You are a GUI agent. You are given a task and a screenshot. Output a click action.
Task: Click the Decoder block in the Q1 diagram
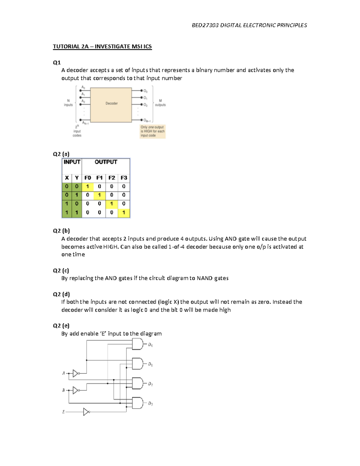pyautogui.click(x=111, y=105)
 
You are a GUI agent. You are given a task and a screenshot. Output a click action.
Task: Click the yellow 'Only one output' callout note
pyautogui.click(x=152, y=131)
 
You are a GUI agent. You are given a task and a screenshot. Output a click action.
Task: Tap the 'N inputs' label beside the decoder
pyautogui.click(x=68, y=103)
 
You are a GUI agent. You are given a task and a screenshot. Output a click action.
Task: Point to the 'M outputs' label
pyautogui.click(x=160, y=103)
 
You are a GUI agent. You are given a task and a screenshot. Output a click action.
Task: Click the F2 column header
pyautogui.click(x=112, y=178)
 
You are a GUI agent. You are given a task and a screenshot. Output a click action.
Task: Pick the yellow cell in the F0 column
pyautogui.click(x=88, y=187)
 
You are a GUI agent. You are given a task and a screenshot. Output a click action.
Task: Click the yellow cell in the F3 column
pyautogui.click(x=124, y=213)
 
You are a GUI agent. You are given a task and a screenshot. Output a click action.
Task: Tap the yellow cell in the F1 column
pyautogui.click(x=99, y=195)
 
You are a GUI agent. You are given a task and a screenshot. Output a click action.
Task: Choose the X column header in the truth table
pyautogui.click(x=67, y=178)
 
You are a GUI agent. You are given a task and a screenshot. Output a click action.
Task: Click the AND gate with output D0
pyautogui.click(x=138, y=344)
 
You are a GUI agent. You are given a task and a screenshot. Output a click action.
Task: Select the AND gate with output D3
pyautogui.click(x=138, y=403)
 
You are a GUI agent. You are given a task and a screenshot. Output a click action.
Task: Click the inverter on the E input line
pyautogui.click(x=86, y=412)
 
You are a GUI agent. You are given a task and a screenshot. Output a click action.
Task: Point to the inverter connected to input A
pyautogui.click(x=76, y=374)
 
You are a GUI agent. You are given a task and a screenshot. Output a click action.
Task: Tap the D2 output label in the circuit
pyautogui.click(x=150, y=384)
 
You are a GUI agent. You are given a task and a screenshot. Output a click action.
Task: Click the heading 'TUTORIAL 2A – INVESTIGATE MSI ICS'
pyautogui.click(x=102, y=47)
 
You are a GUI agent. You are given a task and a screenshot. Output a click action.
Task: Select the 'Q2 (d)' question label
pyautogui.click(x=61, y=294)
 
